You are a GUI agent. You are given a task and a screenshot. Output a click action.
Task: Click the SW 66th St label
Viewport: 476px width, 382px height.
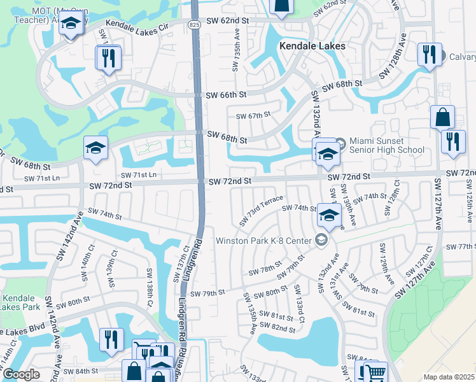(226, 95)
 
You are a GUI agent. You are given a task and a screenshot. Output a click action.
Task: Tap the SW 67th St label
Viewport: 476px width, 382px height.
(253, 115)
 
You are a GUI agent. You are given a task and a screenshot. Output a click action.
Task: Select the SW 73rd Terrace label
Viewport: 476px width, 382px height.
(261, 210)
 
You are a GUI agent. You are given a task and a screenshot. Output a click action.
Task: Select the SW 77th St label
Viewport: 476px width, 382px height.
(461, 246)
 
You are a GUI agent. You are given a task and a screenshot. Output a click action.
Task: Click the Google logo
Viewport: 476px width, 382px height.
(21, 374)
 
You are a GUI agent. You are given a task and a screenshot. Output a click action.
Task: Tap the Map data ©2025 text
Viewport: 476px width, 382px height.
(448, 377)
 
